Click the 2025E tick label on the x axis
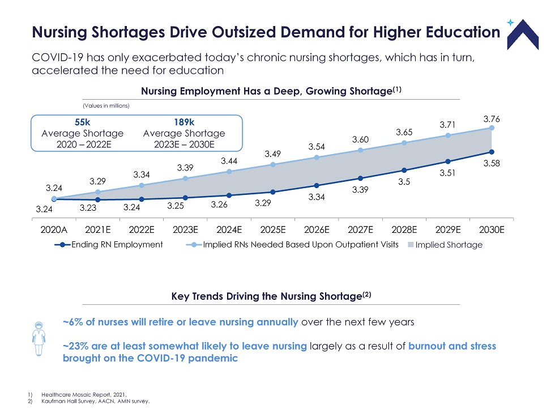273,230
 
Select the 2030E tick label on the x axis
492,230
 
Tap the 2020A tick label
54,230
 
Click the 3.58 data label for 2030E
491,163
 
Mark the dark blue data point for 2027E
360,178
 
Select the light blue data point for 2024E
229,172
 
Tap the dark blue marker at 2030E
492,152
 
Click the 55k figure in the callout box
83,122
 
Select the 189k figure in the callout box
184,122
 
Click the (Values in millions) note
103,105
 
